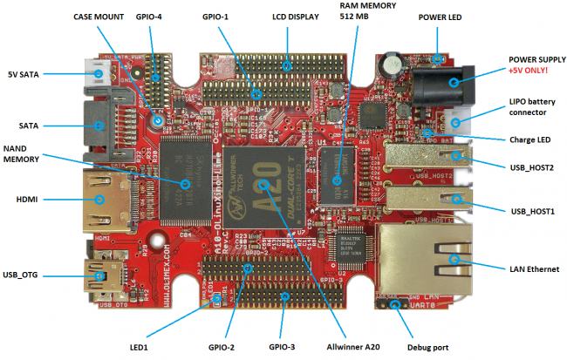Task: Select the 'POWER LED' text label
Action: [x=441, y=17]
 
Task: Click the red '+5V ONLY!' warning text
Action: [x=530, y=71]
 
